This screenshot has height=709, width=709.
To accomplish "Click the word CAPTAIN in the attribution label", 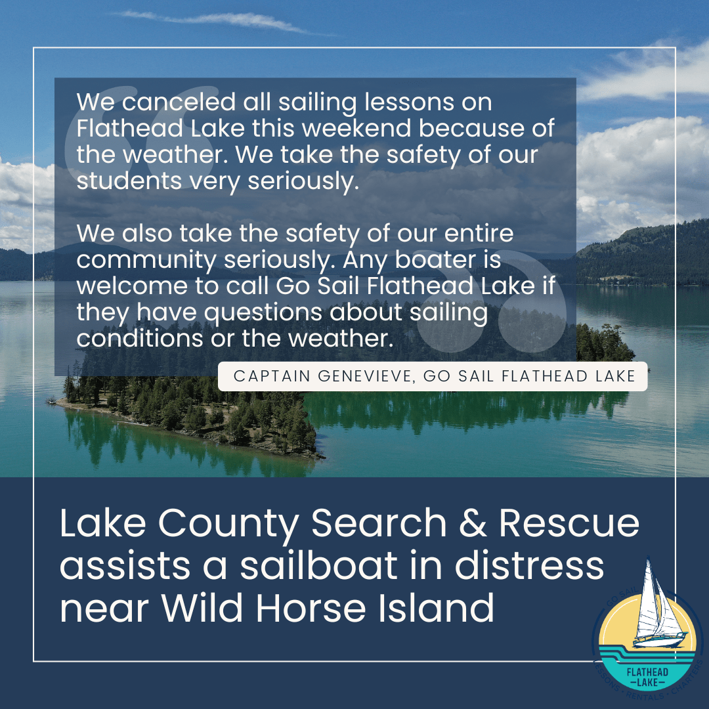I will (267, 377).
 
